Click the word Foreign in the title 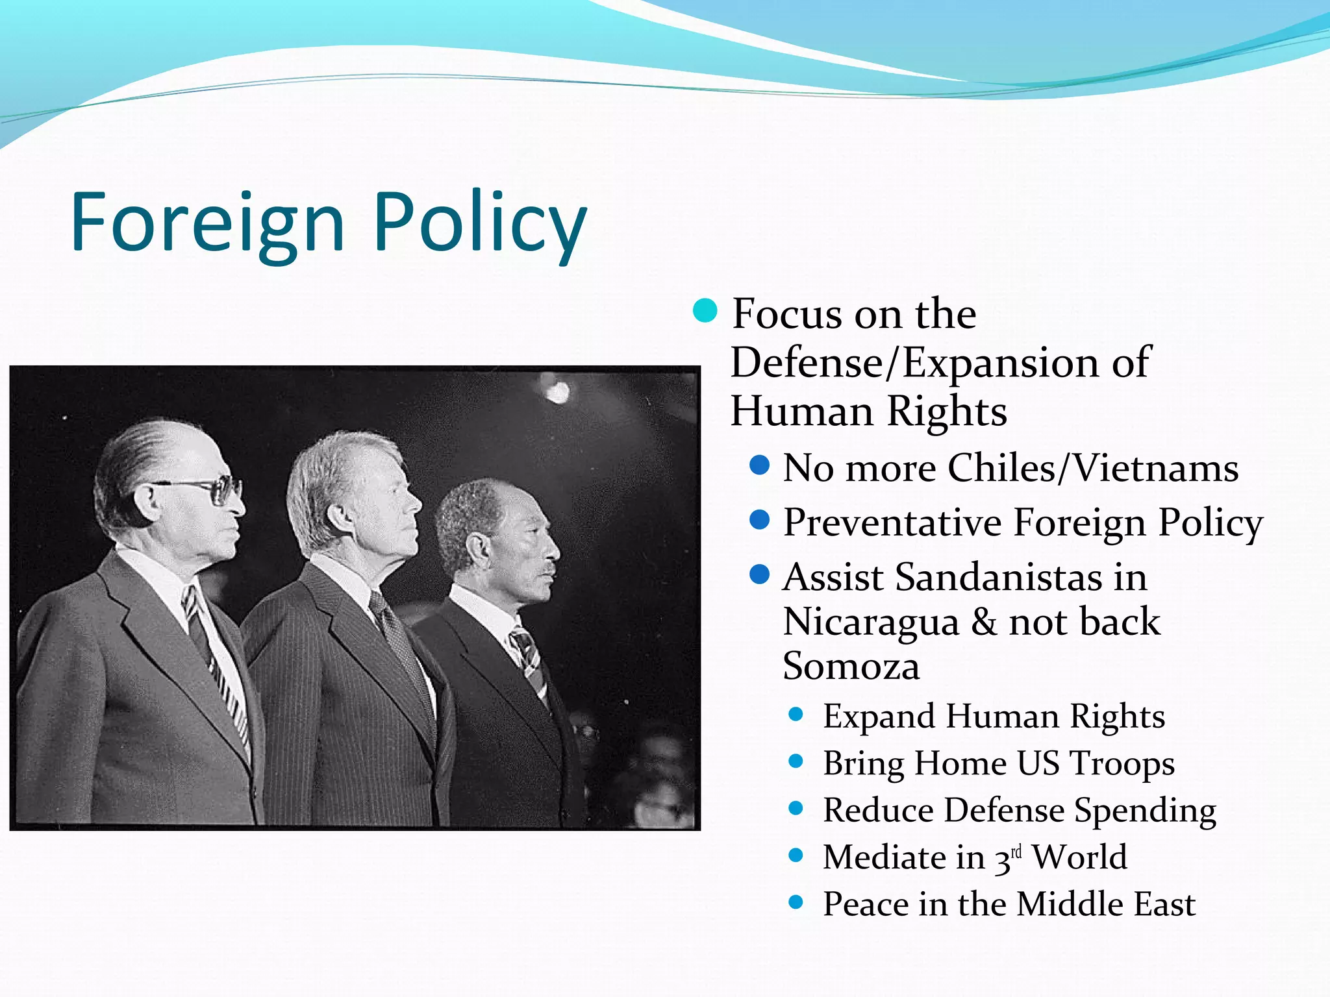[x=207, y=222]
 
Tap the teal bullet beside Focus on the [x=705, y=311]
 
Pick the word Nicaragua [x=871, y=621]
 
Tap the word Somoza [x=851, y=666]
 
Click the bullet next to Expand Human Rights [x=796, y=715]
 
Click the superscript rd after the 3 [x=1016, y=850]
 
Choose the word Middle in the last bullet [x=1060, y=904]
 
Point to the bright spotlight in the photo [x=557, y=391]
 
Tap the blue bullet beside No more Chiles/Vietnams [x=759, y=465]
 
